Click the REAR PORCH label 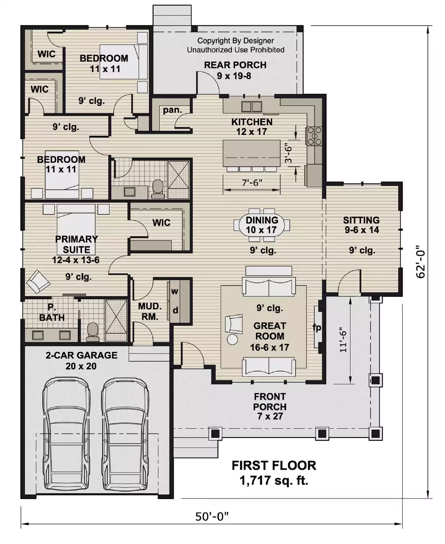click(x=235, y=65)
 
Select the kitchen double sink click(x=251, y=106)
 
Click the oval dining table click(x=262, y=225)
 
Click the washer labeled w click(x=175, y=292)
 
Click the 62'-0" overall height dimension click(x=421, y=261)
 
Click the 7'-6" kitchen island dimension click(x=252, y=182)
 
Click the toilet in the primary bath click(x=93, y=332)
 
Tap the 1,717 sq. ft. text click(x=274, y=480)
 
